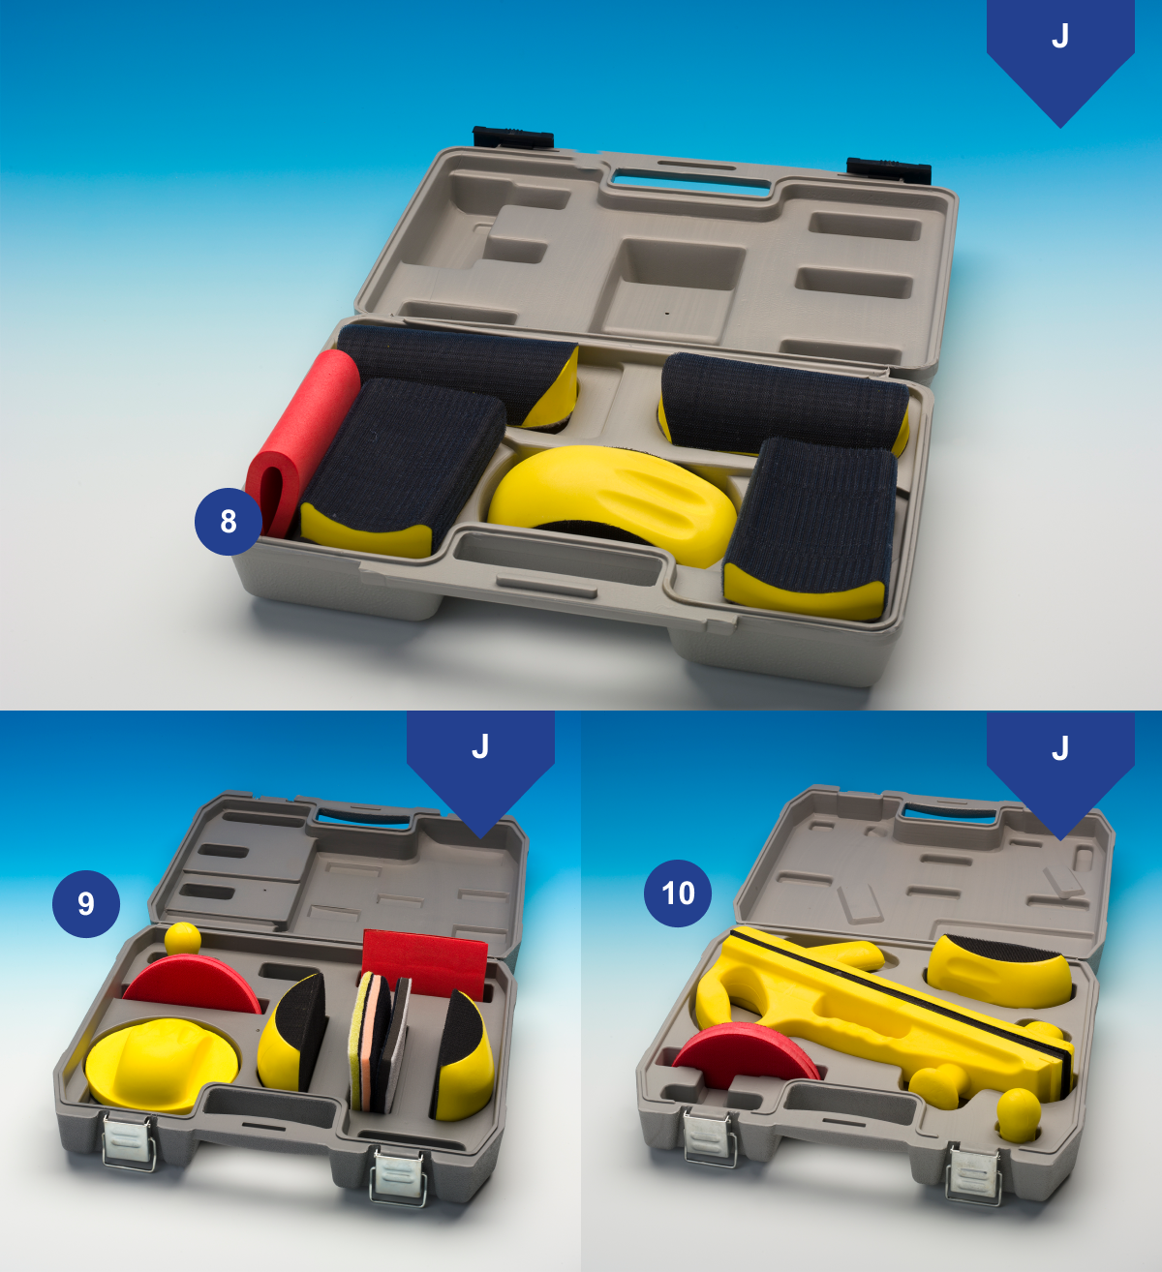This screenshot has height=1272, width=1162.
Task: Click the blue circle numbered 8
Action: tap(229, 521)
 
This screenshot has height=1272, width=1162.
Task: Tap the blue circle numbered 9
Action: tap(86, 903)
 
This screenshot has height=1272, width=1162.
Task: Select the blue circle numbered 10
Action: tap(678, 893)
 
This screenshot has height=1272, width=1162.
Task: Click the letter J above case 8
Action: tap(1060, 36)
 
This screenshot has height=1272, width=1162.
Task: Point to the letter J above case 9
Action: tap(481, 746)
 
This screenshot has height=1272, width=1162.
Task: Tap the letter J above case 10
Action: tap(1060, 748)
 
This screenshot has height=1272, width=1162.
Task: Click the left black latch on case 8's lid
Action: tap(513, 136)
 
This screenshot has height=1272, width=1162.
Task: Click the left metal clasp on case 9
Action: tap(130, 1141)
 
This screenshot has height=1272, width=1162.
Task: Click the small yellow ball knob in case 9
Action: tap(183, 938)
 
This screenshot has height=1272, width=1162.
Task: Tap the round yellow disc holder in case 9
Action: tap(163, 1064)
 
